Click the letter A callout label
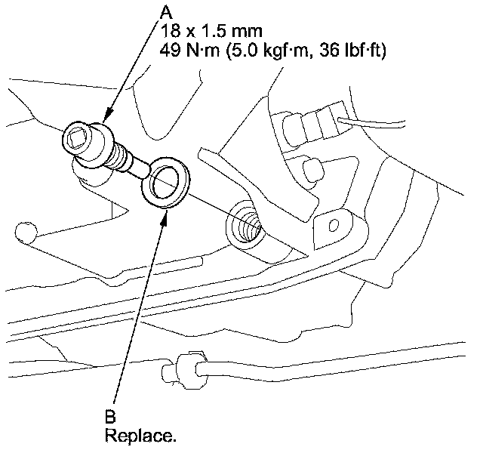point(165,12)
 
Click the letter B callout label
point(110,416)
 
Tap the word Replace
point(132,436)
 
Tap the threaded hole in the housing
point(248,222)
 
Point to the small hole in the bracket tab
point(331,224)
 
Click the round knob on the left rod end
point(26,231)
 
